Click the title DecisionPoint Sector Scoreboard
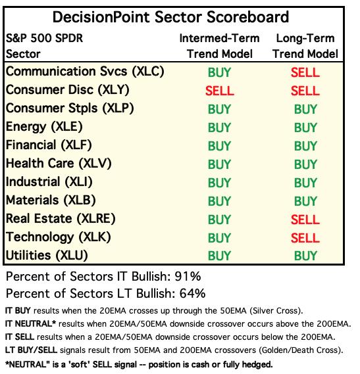coord(170,17)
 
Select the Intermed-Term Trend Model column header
coord(219,46)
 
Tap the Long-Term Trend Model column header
coord(305,46)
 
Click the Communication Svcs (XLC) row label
coord(85,72)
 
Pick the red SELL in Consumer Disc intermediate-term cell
coord(220,91)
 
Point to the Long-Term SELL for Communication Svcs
coord(305,72)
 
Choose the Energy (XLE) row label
coord(44,127)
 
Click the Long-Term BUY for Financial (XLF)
coord(305,146)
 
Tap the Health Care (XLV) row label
coord(59,164)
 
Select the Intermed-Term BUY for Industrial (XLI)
coord(219,183)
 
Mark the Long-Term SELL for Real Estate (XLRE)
coord(305,220)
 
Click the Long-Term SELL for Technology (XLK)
coord(305,238)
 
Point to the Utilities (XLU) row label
coord(47,256)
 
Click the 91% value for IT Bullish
coord(188,277)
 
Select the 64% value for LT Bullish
coord(192,293)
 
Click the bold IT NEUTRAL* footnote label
coord(30,323)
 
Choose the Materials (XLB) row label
coord(51,200)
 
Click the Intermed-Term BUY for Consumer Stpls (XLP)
coord(219,109)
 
